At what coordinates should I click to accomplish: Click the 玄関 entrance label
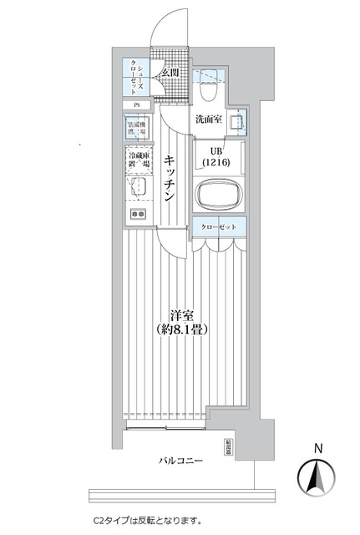[171, 74]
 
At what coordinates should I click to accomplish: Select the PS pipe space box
[136, 104]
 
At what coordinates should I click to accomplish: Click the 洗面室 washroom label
[209, 120]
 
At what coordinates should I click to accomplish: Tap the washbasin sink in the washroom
[235, 122]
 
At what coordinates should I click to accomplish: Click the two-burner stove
[136, 215]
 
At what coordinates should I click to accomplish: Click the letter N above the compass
[317, 449]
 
